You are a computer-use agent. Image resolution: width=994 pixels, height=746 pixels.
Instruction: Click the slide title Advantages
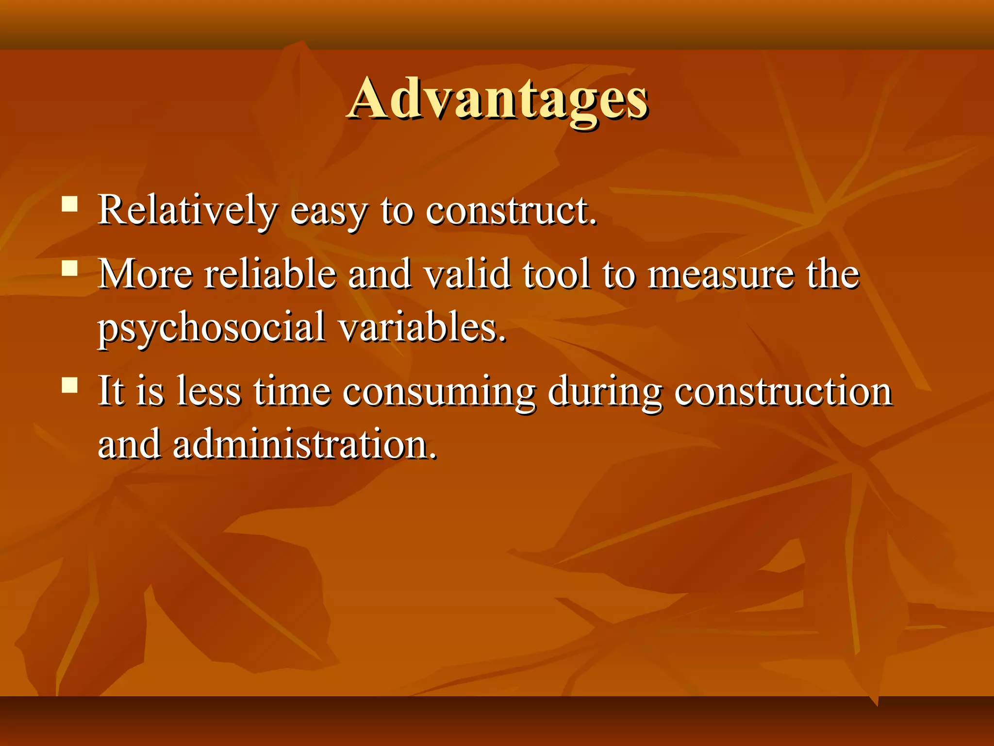tap(497, 100)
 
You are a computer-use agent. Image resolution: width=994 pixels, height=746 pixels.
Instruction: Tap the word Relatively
tap(187, 210)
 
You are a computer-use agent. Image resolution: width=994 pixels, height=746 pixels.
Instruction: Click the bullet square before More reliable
tap(70, 268)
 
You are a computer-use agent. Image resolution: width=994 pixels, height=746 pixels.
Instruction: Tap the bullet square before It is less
tap(70, 385)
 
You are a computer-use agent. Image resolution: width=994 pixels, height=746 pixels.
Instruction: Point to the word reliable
tap(270, 273)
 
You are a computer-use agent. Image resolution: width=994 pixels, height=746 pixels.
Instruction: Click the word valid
tap(467, 273)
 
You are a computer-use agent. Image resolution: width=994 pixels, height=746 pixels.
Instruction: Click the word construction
tap(783, 391)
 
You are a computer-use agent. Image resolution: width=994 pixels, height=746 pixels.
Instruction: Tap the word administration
tap(305, 444)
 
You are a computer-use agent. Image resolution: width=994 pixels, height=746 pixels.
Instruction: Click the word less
tap(209, 391)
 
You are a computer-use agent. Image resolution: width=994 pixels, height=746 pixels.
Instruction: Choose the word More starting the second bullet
tap(146, 273)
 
